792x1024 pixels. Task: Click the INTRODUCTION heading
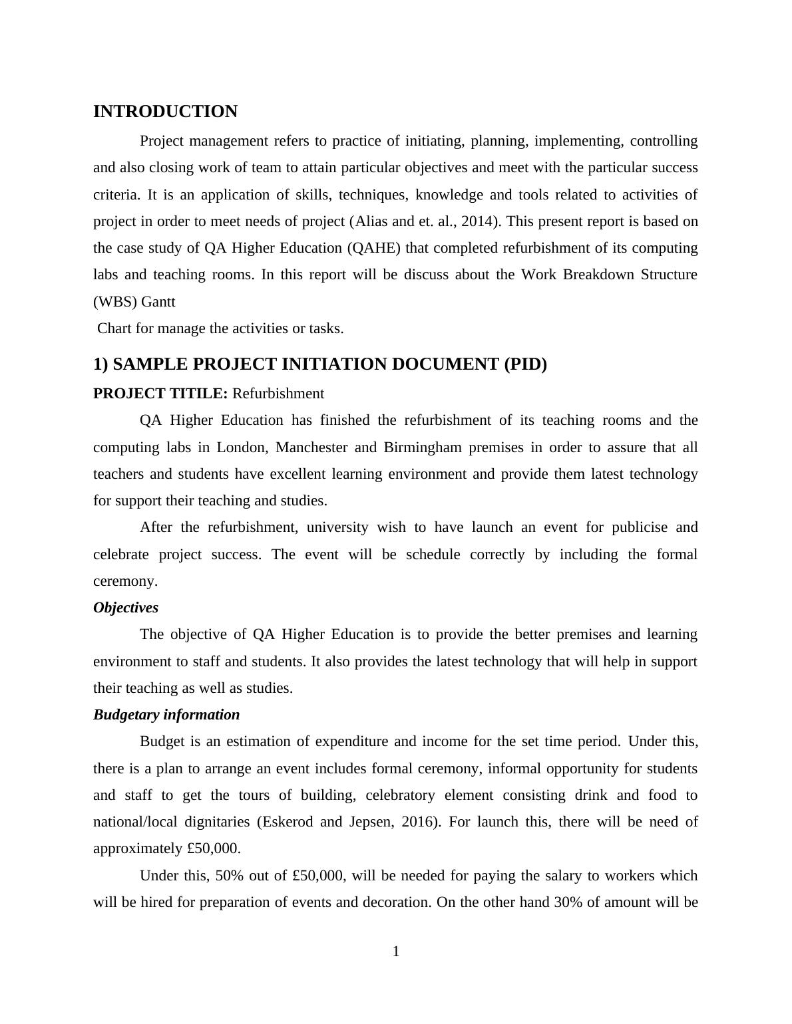(165, 112)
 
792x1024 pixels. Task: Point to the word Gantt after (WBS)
(158, 302)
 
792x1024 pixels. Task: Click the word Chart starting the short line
(114, 328)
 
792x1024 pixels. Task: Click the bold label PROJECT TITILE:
(160, 394)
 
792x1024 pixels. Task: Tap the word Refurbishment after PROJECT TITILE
(278, 394)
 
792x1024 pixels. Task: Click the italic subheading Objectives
(126, 608)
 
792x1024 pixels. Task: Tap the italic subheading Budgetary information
(166, 715)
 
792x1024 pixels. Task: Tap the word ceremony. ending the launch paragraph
(125, 581)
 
